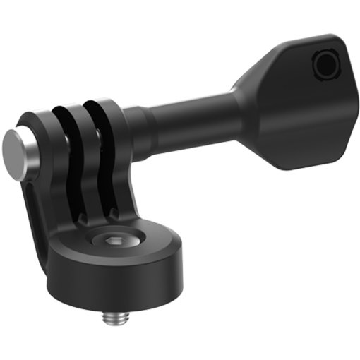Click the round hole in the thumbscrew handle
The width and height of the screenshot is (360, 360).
pos(327,66)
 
